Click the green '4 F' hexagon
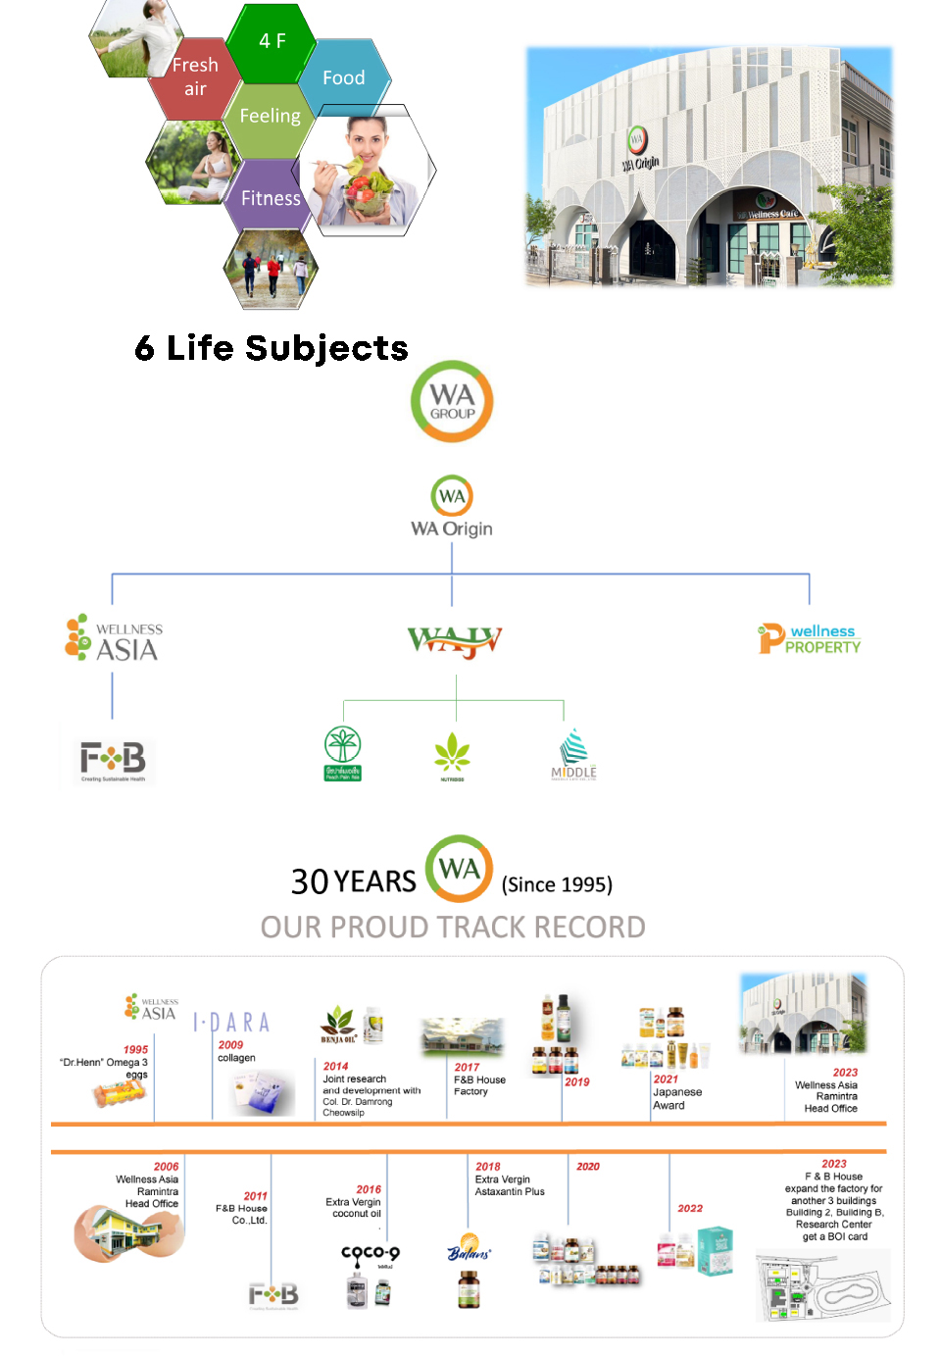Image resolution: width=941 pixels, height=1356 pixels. [x=272, y=41]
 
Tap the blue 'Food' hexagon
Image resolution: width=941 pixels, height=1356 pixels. [x=344, y=77]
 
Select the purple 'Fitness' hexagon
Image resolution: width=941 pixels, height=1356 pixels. [x=271, y=198]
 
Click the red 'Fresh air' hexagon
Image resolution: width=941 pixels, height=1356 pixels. [x=195, y=76]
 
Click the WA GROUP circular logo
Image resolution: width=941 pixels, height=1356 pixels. [x=452, y=402]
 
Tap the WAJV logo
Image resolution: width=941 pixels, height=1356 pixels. [x=455, y=641]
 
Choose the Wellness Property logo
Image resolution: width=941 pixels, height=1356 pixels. [x=810, y=639]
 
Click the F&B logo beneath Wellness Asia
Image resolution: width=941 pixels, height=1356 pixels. [x=113, y=760]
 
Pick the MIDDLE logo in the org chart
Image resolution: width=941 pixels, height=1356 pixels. [x=573, y=755]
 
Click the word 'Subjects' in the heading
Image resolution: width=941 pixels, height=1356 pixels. [x=326, y=348]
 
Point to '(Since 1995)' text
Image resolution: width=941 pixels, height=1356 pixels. [x=557, y=884]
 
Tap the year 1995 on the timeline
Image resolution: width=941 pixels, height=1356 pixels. [x=136, y=1049]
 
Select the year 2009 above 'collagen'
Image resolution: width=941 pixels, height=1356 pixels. [x=230, y=1045]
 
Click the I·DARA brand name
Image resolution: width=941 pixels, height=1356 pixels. [x=231, y=1023]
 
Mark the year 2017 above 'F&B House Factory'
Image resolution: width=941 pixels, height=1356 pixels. [x=467, y=1067]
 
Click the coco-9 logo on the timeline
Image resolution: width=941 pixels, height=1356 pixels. [x=371, y=1253]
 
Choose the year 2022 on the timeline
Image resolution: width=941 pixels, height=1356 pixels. [x=690, y=1208]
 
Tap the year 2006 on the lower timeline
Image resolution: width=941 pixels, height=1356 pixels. [x=166, y=1167]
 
